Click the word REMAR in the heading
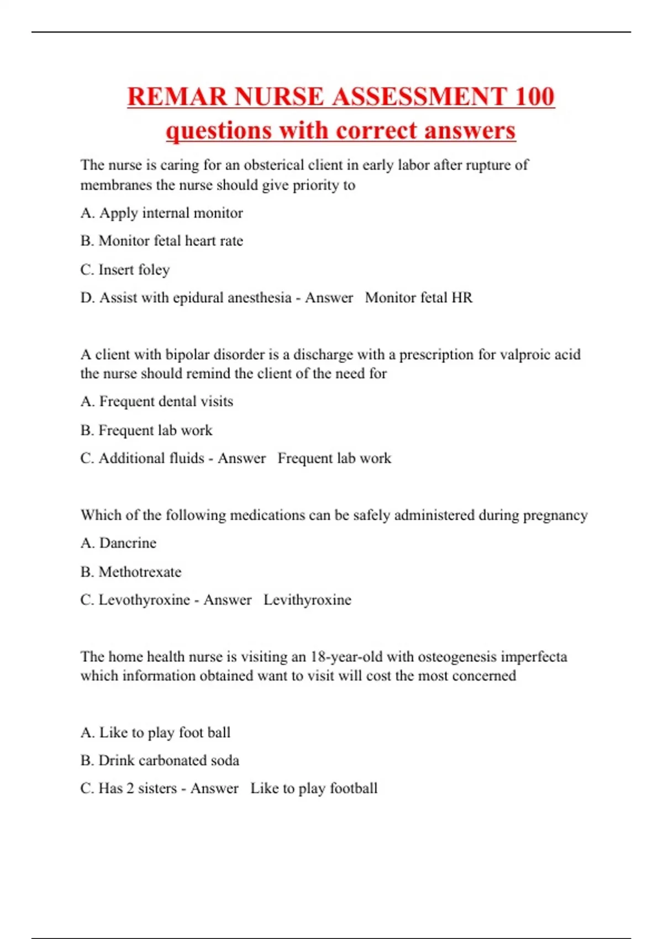[177, 97]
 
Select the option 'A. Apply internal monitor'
[161, 213]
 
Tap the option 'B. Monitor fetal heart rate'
[161, 241]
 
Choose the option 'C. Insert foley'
[125, 270]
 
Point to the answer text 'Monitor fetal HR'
[419, 298]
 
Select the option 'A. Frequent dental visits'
[156, 402]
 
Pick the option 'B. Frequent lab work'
[146, 430]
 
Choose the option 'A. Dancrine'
[118, 543]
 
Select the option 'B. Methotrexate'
[131, 572]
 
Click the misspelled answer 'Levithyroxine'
[307, 600]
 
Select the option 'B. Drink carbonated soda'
[160, 761]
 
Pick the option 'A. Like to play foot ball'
[155, 732]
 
